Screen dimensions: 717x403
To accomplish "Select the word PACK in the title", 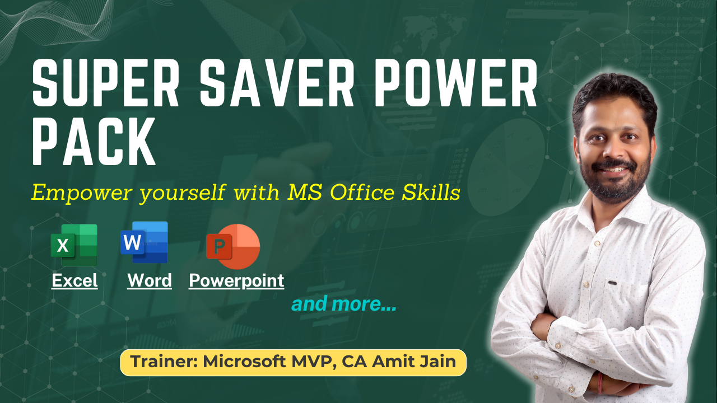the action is coord(94,142).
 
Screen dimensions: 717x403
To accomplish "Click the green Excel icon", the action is coord(74,245).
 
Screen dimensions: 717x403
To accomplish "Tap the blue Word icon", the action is coord(145,242).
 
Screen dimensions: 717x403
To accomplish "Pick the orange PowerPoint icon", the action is coord(233,246).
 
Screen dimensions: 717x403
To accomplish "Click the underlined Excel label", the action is coord(75,280).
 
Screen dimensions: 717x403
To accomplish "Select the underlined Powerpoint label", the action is coord(236,281).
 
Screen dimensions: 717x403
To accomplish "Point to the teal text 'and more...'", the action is coord(344,304).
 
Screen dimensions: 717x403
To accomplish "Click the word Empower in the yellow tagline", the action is coord(82,193).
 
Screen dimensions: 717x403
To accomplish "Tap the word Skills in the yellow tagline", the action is coord(431,192).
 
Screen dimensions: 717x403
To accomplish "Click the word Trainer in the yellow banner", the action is coord(164,362).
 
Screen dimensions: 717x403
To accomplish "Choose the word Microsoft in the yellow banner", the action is coord(245,362).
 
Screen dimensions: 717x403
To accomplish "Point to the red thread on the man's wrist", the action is coord(600,383).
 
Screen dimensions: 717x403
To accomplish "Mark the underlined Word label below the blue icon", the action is coord(150,280).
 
